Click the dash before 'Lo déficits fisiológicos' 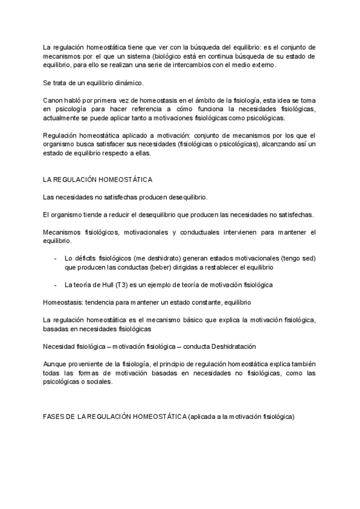pos(55,258)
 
